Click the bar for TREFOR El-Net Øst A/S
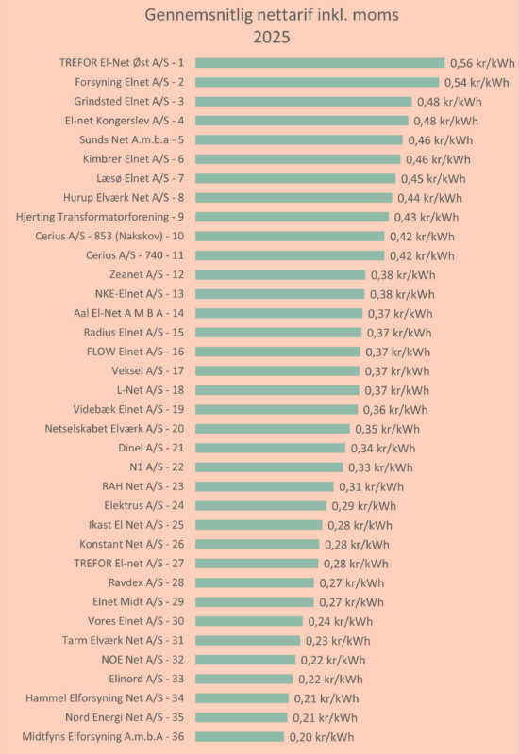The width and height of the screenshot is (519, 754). coord(320,63)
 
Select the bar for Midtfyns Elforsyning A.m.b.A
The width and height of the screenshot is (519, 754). coord(240,737)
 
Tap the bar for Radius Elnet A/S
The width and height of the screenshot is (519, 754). coord(278,333)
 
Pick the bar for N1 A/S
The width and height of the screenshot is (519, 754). coord(269,467)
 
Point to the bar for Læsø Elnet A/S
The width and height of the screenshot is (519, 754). coord(295,178)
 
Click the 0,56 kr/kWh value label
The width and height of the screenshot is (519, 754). coord(482,63)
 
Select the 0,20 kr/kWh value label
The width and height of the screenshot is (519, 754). coord(322,737)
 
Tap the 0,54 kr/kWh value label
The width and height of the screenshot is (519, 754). coord(477,82)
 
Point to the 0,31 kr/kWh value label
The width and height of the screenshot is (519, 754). coord(371,486)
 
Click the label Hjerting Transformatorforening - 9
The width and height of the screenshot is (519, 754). coord(100,217)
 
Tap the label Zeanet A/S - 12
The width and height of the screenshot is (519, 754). coord(147,274)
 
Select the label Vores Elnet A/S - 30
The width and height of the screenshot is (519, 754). coord(136,621)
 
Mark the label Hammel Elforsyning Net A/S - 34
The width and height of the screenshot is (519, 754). coord(105,697)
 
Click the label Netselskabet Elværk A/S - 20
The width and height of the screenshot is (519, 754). coord(114,429)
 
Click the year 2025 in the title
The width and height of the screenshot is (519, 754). coord(272,37)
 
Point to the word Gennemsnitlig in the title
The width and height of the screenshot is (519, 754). coord(199,15)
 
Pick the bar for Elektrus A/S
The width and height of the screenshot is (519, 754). coord(261,505)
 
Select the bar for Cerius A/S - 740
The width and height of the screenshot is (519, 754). coord(290,255)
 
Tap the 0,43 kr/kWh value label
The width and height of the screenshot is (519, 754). coord(427,218)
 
